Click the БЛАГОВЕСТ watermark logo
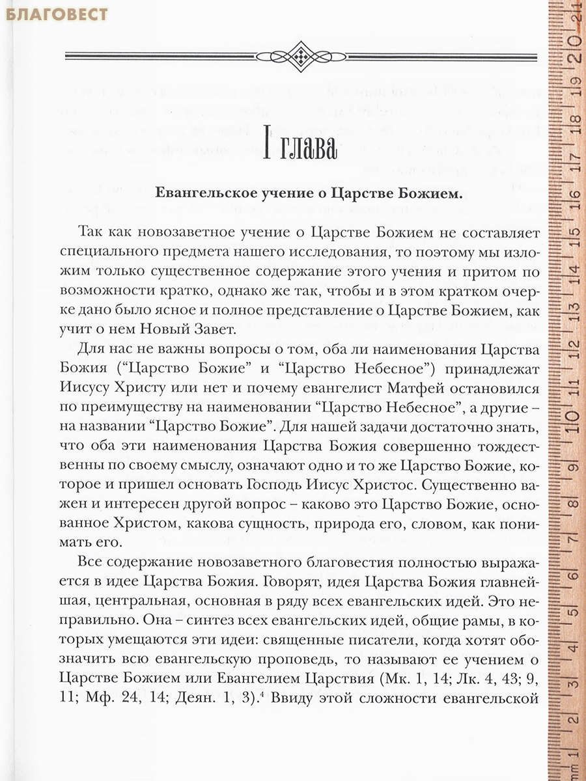point(55,14)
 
